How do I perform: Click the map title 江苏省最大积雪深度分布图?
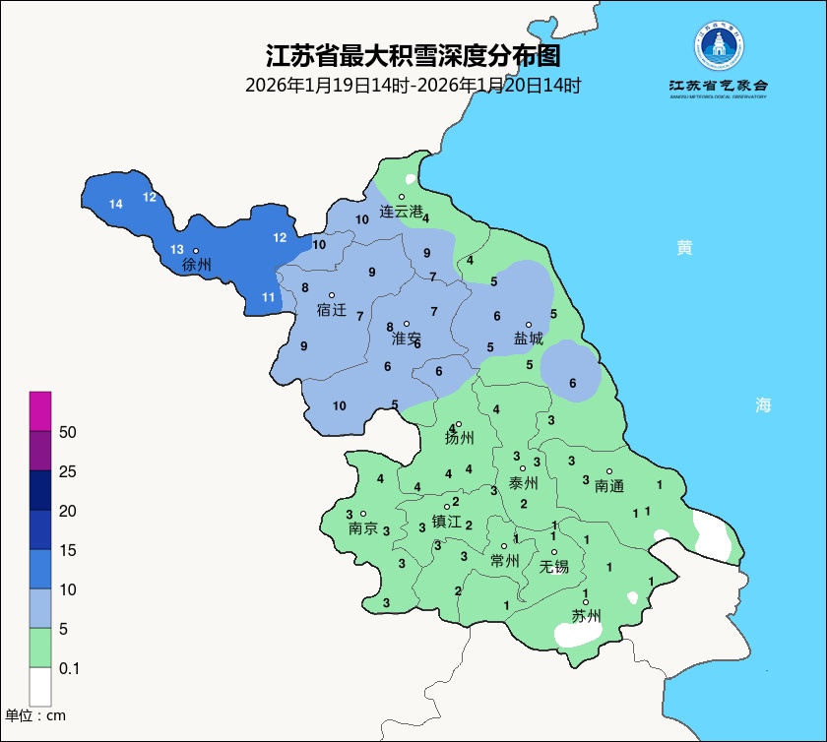pos(413,55)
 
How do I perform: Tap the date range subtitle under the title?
pos(413,86)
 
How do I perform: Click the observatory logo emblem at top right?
pos(719,45)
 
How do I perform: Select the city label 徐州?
pos(197,265)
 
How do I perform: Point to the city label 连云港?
pos(402,212)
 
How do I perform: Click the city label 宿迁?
pos(332,310)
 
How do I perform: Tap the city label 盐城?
pos(529,339)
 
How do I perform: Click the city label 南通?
pos(610,486)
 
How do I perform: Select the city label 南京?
pos(363,528)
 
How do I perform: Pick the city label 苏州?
pos(587,617)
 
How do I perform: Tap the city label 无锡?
pos(554,567)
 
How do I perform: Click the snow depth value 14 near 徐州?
pos(116,205)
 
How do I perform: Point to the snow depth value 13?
pos(177,249)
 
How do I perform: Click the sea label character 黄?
pos(684,247)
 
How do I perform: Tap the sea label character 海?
pos(764,404)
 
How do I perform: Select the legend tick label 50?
pos(68,432)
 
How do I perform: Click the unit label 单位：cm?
pos(35,715)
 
